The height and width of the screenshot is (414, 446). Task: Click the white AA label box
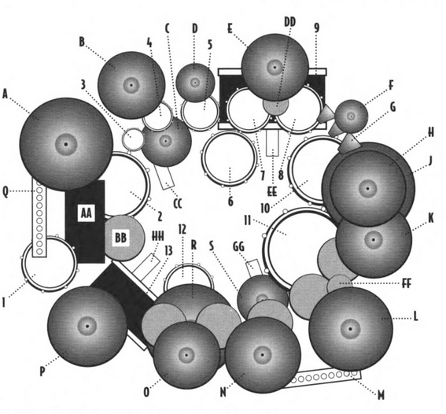pyautogui.click(x=87, y=213)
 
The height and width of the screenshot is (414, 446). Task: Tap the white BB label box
pyautogui.click(x=120, y=238)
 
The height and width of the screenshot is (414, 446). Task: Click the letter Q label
pyautogui.click(x=6, y=192)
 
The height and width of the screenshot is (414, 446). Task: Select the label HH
pyautogui.click(x=158, y=236)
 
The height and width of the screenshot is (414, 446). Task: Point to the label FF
pyautogui.click(x=407, y=283)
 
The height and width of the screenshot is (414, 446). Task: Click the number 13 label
pyautogui.click(x=168, y=251)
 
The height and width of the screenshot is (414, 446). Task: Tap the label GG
pyautogui.click(x=238, y=247)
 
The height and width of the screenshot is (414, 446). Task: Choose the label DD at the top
pyautogui.click(x=289, y=22)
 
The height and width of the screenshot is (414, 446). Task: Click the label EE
pyautogui.click(x=272, y=192)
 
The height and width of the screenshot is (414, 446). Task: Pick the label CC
pyautogui.click(x=177, y=204)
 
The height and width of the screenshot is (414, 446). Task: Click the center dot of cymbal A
pyautogui.click(x=66, y=144)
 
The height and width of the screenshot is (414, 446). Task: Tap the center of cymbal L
pyautogui.click(x=351, y=329)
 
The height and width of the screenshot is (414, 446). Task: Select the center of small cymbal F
pyautogui.click(x=351, y=116)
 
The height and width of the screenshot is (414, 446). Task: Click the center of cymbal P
pyautogui.click(x=87, y=326)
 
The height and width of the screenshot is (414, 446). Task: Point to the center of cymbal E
pyautogui.click(x=275, y=68)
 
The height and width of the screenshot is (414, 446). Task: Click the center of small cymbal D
pyautogui.click(x=195, y=83)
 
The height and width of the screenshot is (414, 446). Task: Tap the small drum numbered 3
pyautogui.click(x=133, y=139)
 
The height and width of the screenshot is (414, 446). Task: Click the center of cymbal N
pyautogui.click(x=263, y=355)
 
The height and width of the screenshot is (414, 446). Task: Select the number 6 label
pyautogui.click(x=230, y=201)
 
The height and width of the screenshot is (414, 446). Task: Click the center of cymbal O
pyautogui.click(x=186, y=355)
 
